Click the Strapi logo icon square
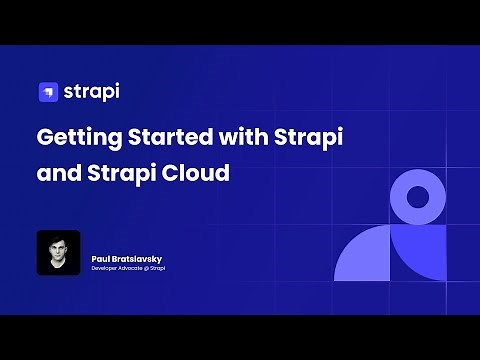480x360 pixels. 47,92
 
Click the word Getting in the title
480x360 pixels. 76,137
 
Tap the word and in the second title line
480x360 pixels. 57,172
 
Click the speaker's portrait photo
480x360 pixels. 58,253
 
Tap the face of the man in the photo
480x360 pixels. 58,248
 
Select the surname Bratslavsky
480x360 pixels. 138,259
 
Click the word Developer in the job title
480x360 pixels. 106,268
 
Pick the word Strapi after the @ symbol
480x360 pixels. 159,268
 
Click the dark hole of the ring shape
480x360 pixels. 418,196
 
